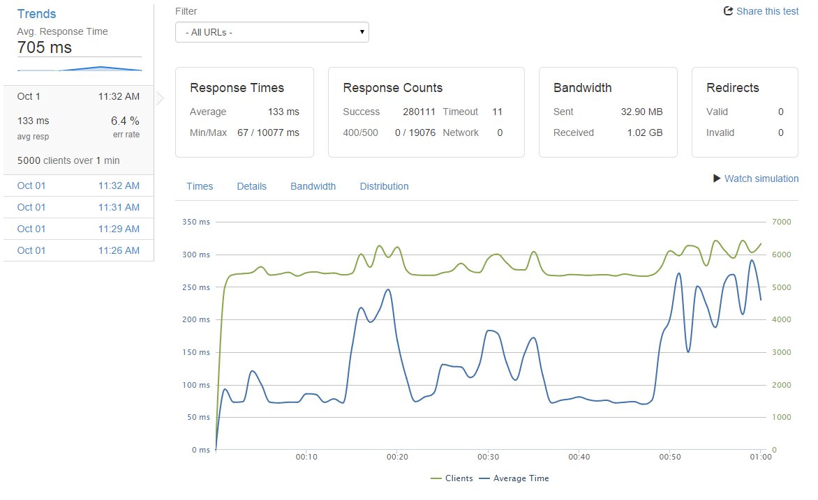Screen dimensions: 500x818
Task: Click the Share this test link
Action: (761, 11)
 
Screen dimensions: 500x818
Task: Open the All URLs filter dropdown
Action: (272, 32)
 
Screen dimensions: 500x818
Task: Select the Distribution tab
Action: (384, 186)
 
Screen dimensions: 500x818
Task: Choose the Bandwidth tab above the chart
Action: (313, 186)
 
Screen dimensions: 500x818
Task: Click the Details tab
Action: (251, 186)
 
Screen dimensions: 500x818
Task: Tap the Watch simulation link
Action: (756, 179)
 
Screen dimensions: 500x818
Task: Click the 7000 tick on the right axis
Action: (780, 222)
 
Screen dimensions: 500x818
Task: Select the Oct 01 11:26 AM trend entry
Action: (78, 250)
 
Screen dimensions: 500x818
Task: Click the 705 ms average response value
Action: (45, 47)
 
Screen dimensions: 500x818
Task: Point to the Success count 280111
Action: (419, 112)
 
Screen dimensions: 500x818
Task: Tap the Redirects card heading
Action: (732, 88)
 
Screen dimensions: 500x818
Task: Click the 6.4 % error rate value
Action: (125, 121)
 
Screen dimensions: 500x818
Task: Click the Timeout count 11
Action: (497, 112)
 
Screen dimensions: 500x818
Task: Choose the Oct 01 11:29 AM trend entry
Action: (78, 229)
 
